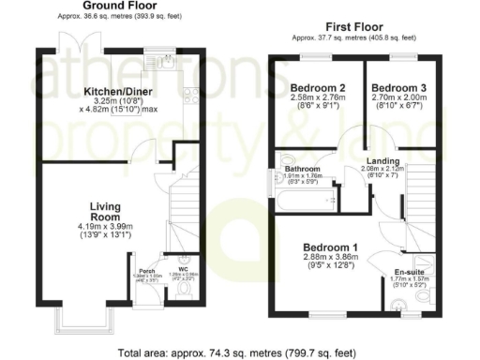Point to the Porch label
click(x=146, y=268)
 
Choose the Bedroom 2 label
click(x=316, y=88)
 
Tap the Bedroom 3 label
click(x=399, y=88)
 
